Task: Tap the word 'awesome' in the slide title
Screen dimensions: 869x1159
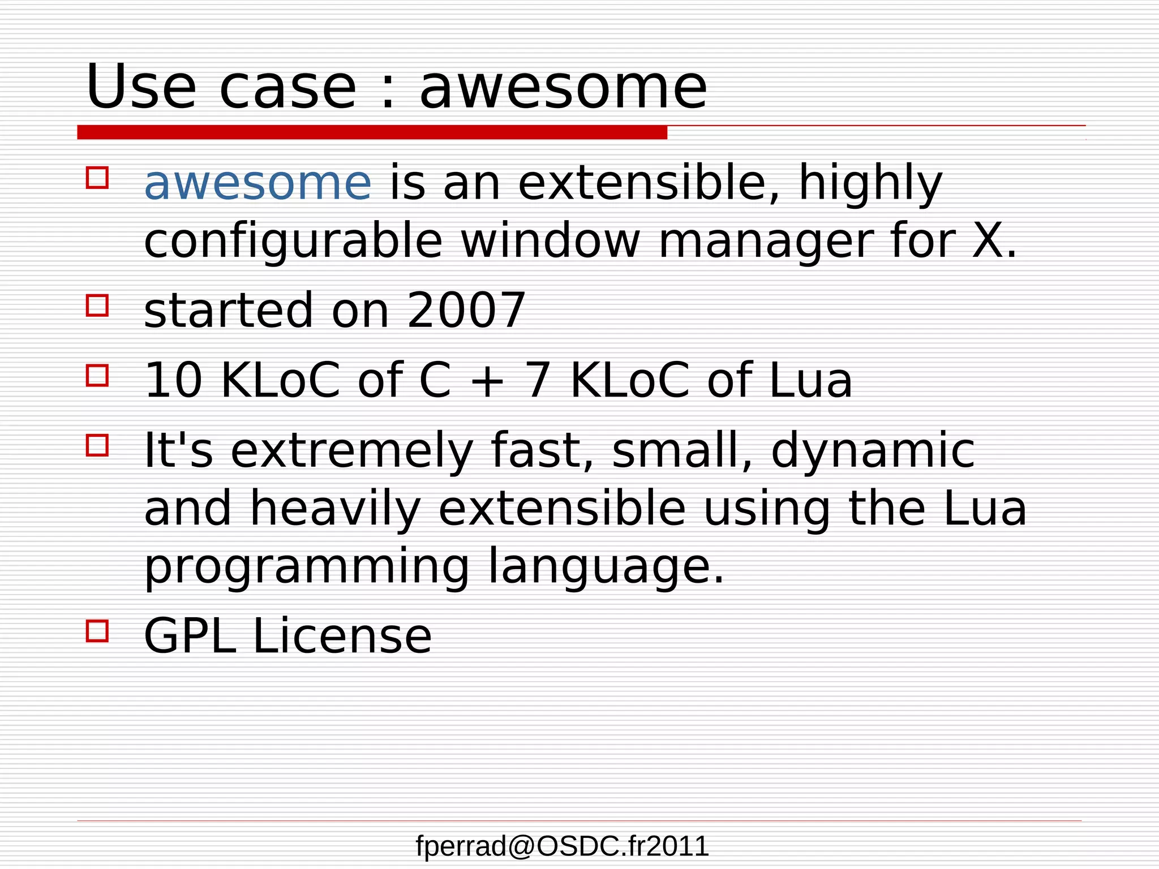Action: [563, 88]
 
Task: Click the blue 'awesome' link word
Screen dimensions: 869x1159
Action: [257, 183]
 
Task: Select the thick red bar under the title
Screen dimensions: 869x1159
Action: [372, 132]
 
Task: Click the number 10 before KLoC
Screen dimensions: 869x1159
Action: [173, 380]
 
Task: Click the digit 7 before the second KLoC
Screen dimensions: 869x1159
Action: [538, 380]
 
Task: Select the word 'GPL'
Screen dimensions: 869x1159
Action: [190, 636]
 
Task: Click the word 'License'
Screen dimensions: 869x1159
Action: [342, 636]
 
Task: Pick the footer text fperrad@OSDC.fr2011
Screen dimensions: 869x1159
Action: [562, 846]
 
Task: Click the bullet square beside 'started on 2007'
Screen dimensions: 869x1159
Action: [97, 305]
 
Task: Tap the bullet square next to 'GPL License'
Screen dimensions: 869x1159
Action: [97, 630]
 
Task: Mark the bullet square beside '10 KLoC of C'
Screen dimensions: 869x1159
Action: [97, 375]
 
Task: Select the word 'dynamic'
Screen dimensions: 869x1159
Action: [873, 451]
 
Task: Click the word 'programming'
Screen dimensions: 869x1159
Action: [306, 567]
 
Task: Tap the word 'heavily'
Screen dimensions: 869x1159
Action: [335, 509]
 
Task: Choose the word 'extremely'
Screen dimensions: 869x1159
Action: [351, 451]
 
